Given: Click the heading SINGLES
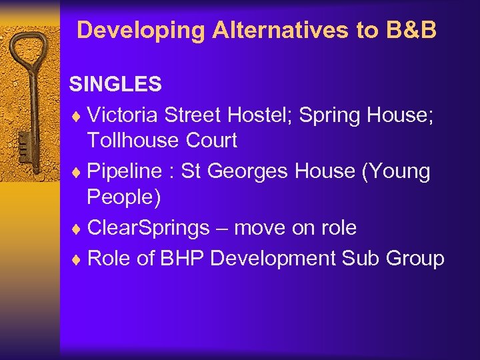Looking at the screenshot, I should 115,84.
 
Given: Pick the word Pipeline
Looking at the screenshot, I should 125,171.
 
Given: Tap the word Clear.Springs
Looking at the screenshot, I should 148,228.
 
